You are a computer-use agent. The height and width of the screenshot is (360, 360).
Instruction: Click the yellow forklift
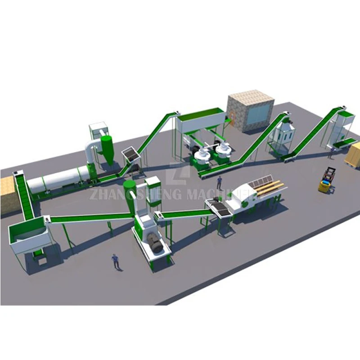pos(327,181)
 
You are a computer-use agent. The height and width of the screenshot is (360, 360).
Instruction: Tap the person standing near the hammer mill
pos(116,261)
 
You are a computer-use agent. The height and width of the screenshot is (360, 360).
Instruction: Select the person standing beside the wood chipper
pos(219,182)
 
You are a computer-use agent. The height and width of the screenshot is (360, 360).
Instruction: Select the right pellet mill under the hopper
pos(221,151)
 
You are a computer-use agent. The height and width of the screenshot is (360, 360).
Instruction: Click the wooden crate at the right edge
pos(354,155)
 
